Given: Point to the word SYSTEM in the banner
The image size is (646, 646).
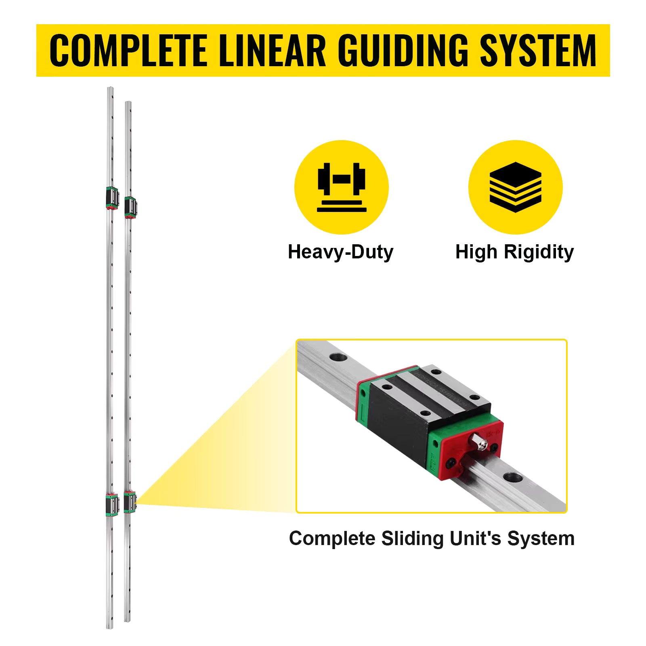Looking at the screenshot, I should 538,50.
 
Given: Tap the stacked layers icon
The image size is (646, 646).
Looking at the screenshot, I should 515,187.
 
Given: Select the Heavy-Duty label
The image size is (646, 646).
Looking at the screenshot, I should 340,252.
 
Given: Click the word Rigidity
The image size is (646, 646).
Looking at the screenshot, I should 539,252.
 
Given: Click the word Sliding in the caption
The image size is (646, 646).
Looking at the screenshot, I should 412,539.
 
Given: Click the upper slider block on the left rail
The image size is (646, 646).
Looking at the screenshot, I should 112,198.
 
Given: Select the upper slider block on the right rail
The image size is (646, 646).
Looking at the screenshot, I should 130,208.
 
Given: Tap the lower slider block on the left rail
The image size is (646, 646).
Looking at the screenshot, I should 112,504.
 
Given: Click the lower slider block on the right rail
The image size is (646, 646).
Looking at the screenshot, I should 130,502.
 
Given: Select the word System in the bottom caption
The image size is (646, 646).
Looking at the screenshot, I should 541,539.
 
